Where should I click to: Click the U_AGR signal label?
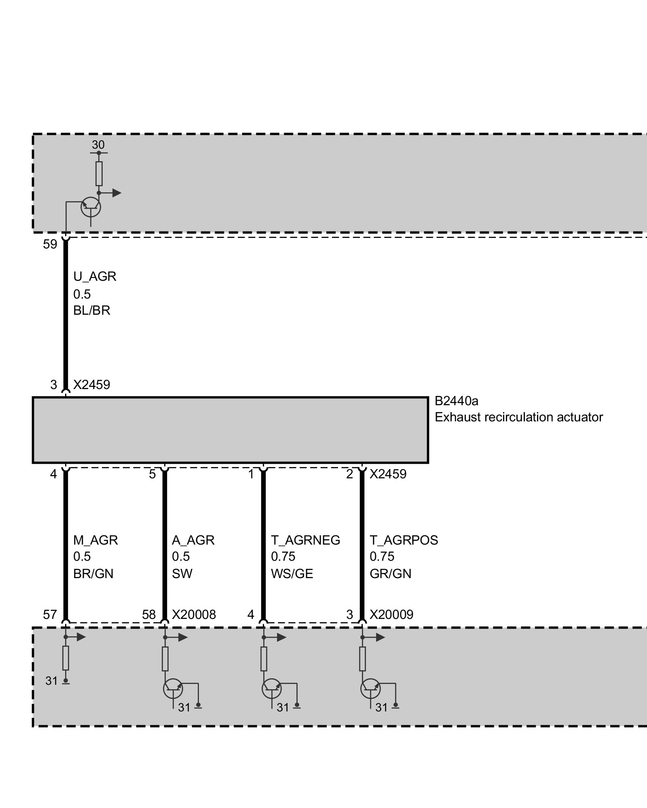[95, 277]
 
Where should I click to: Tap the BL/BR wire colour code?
[92, 310]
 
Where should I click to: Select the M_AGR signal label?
[95, 540]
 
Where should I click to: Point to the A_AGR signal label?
[193, 540]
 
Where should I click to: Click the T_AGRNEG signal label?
[305, 540]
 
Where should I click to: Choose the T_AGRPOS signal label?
[404, 540]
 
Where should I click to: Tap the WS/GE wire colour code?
[292, 574]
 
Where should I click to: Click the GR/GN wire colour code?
[390, 574]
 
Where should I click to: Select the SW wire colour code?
[182, 574]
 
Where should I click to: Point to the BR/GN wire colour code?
[93, 574]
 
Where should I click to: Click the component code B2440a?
[457, 401]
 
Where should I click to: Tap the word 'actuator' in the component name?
[579, 417]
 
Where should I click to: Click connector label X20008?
[194, 614]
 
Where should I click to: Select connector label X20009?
[391, 614]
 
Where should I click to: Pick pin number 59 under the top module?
[50, 244]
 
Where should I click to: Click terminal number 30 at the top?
[98, 145]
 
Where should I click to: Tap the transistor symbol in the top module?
[91, 207]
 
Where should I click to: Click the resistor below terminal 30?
[99, 174]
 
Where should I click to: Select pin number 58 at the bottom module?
[149, 614]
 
